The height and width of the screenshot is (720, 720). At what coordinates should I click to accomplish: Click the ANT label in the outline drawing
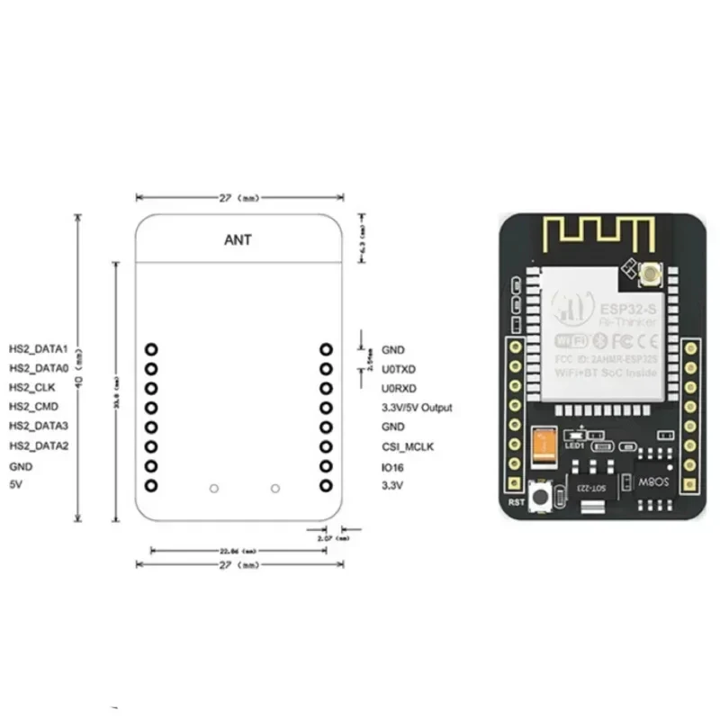(x=238, y=240)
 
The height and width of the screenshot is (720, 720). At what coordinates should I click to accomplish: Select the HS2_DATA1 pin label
(x=39, y=348)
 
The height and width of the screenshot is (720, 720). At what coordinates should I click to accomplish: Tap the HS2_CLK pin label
(x=32, y=388)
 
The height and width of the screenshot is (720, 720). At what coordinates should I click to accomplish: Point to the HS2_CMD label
(x=33, y=407)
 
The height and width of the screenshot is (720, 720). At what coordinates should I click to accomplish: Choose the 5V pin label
(x=15, y=485)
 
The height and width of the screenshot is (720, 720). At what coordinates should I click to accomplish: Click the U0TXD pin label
(x=399, y=369)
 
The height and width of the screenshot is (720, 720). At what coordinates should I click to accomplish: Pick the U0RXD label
(x=399, y=389)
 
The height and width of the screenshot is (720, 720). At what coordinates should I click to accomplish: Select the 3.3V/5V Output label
(x=417, y=408)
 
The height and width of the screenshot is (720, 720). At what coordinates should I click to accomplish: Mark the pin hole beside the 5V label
(x=151, y=486)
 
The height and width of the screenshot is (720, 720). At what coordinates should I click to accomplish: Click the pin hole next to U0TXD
(x=326, y=368)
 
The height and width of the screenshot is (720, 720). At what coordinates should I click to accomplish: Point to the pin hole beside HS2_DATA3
(x=151, y=427)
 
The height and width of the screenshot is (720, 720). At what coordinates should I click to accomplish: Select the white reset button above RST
(x=542, y=496)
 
